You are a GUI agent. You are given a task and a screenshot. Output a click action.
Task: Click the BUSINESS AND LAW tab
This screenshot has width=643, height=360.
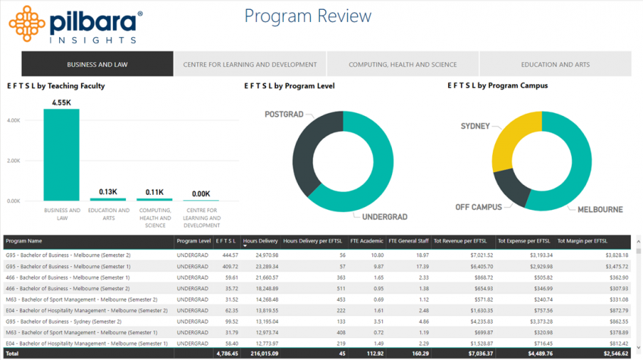click(x=97, y=64)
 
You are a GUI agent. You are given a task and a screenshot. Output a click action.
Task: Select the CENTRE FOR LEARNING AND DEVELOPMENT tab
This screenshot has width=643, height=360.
click(x=249, y=64)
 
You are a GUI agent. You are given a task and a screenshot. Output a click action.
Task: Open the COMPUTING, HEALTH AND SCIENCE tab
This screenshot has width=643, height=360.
click(x=403, y=64)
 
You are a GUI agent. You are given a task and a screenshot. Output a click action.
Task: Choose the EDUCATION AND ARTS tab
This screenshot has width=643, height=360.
click(x=555, y=64)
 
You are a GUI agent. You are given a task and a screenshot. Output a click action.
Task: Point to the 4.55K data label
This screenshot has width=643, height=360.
click(x=61, y=102)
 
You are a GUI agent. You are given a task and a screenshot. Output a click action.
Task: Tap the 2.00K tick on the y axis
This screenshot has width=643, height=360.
click(x=14, y=161)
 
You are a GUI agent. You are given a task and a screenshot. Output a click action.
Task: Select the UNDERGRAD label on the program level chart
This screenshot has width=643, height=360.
click(x=384, y=218)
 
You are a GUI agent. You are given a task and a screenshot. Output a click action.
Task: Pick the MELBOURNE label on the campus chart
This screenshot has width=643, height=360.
click(x=600, y=209)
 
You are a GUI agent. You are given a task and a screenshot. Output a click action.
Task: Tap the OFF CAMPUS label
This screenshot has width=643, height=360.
click(x=478, y=207)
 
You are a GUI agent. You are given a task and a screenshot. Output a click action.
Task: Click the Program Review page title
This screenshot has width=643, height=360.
click(x=308, y=17)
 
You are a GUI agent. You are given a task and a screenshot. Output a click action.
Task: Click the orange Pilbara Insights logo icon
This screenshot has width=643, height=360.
click(x=27, y=23)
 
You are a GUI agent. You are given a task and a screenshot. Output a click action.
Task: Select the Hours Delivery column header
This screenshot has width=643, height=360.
click(x=260, y=241)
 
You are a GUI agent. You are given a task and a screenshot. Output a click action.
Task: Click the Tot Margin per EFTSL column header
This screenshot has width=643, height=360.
click(x=582, y=241)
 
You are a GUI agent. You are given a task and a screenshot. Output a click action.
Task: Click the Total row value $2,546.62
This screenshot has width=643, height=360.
click(x=611, y=354)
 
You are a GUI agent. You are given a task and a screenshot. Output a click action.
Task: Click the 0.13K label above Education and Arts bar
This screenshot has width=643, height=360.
click(x=108, y=192)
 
